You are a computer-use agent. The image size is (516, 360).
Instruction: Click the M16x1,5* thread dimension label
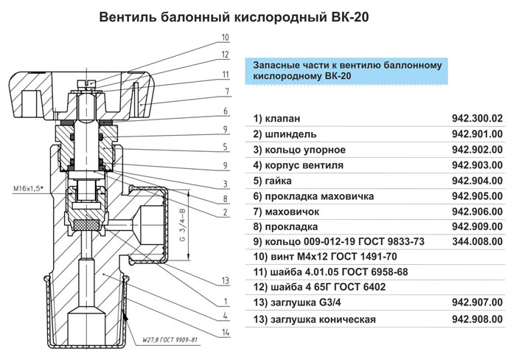(x=28, y=190)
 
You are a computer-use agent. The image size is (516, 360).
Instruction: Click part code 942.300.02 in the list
(x=476, y=119)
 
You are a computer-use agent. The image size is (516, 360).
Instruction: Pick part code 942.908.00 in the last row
(x=476, y=319)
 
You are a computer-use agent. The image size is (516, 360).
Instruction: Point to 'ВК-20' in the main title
(x=347, y=16)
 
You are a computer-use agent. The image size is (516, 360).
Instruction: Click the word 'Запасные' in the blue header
(x=278, y=64)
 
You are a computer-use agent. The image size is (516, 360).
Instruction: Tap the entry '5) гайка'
(x=273, y=181)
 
